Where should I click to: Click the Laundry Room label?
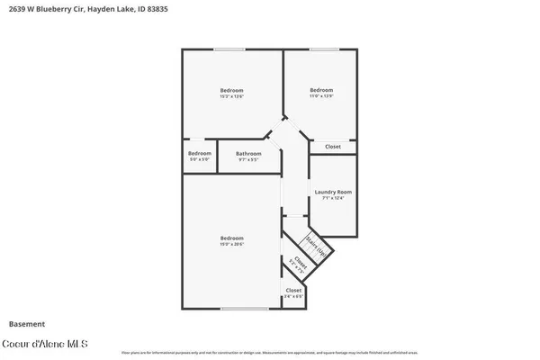[332, 192]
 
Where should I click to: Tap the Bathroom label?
[248, 153]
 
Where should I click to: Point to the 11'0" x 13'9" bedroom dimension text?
[321, 96]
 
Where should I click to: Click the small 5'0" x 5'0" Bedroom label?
[200, 153]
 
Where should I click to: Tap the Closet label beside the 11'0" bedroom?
[333, 146]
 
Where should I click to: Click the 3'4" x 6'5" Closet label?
[293, 291]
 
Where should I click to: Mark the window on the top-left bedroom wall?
[230, 49]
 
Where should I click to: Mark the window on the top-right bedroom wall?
[324, 49]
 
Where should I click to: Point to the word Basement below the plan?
[27, 323]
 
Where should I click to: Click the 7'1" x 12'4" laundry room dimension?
[332, 198]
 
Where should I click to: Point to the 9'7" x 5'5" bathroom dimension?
[248, 159]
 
